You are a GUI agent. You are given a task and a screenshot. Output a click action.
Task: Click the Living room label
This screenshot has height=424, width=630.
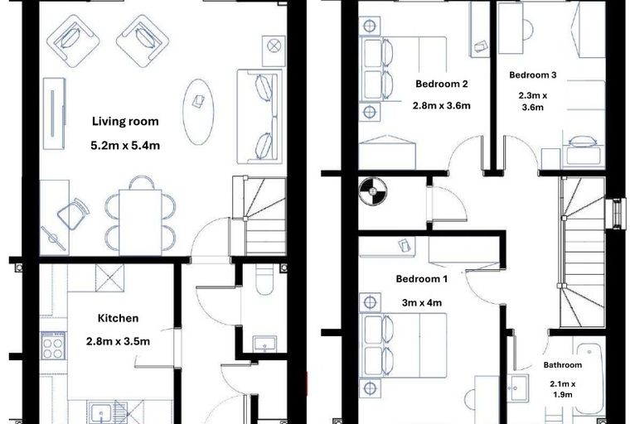click(x=125, y=122)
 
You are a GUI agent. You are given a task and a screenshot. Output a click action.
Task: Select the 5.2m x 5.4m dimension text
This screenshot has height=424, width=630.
click(x=125, y=146)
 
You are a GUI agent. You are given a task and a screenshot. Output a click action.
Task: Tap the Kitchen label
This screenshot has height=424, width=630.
click(x=118, y=318)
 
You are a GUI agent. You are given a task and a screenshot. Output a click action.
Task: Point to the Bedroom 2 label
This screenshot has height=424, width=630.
click(x=442, y=84)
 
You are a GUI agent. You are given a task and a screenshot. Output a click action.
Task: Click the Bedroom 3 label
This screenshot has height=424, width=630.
click(x=533, y=75)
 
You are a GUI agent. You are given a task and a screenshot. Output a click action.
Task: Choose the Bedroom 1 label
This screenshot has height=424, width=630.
click(x=421, y=278)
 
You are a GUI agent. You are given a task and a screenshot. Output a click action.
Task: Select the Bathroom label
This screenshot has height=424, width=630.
click(x=563, y=365)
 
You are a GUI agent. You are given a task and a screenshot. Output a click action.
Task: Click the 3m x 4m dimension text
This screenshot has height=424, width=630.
click(x=422, y=302)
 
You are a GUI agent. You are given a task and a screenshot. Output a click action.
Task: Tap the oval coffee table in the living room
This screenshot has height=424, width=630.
click(x=198, y=112)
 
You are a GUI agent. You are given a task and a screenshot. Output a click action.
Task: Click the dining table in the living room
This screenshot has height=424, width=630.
click(x=140, y=222)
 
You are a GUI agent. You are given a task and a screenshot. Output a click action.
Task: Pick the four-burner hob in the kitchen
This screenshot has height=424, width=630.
click(x=53, y=345)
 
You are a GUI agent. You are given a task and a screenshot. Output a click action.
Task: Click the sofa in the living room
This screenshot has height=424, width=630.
click(x=259, y=117)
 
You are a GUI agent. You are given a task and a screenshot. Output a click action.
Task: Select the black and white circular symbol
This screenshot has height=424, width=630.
click(x=372, y=192)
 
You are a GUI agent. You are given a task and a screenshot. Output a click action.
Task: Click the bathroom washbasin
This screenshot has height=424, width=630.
click(x=517, y=388)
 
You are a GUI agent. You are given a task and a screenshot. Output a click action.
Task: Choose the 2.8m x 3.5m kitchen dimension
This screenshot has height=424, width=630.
click(x=118, y=342)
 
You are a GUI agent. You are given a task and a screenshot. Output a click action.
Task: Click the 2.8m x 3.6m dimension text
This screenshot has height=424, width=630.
click(x=442, y=106)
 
